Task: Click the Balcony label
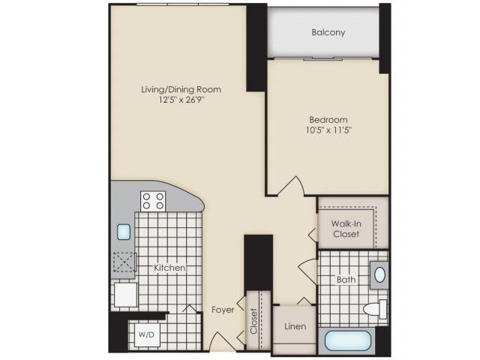[x=328, y=32]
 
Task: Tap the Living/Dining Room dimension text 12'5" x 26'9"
[x=181, y=100]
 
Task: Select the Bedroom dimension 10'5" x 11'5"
[x=328, y=130]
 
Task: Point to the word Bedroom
[x=328, y=119]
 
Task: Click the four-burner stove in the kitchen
[x=153, y=201]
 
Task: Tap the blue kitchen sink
[x=124, y=232]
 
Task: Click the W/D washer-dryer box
[x=147, y=335]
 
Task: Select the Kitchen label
[x=169, y=268]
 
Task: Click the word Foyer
[x=223, y=310]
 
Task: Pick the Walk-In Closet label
[x=346, y=229]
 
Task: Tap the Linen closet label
[x=295, y=326]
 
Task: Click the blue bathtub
[x=348, y=340]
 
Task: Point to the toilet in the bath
[x=375, y=309]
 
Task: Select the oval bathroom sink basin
[x=379, y=275]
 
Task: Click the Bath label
[x=346, y=280]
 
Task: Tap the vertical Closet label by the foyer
[x=253, y=321]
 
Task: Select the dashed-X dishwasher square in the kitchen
[x=124, y=262]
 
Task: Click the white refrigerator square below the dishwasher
[x=126, y=295]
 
